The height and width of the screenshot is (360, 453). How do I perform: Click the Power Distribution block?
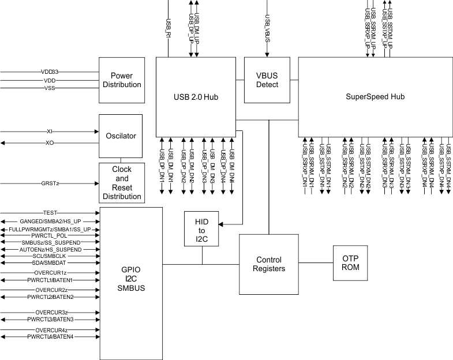pos(121,80)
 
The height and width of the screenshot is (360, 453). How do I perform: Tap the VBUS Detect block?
pos(267,80)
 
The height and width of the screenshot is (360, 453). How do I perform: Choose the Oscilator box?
pos(121,136)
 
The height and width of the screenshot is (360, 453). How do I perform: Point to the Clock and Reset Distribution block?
pos(121,183)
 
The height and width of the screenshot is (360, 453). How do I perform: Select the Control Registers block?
pos(268,264)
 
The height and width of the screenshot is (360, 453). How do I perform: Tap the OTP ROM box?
pos(351,263)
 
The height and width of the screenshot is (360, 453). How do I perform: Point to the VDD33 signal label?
pos(50,72)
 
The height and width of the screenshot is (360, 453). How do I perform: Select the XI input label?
pos(50,132)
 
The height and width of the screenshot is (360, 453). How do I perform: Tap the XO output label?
pos(50,142)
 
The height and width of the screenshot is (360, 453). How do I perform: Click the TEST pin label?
pos(50,213)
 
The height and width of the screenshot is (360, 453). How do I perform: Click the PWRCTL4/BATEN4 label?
pos(50,337)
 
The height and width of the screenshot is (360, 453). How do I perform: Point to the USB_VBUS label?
pos(267,23)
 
